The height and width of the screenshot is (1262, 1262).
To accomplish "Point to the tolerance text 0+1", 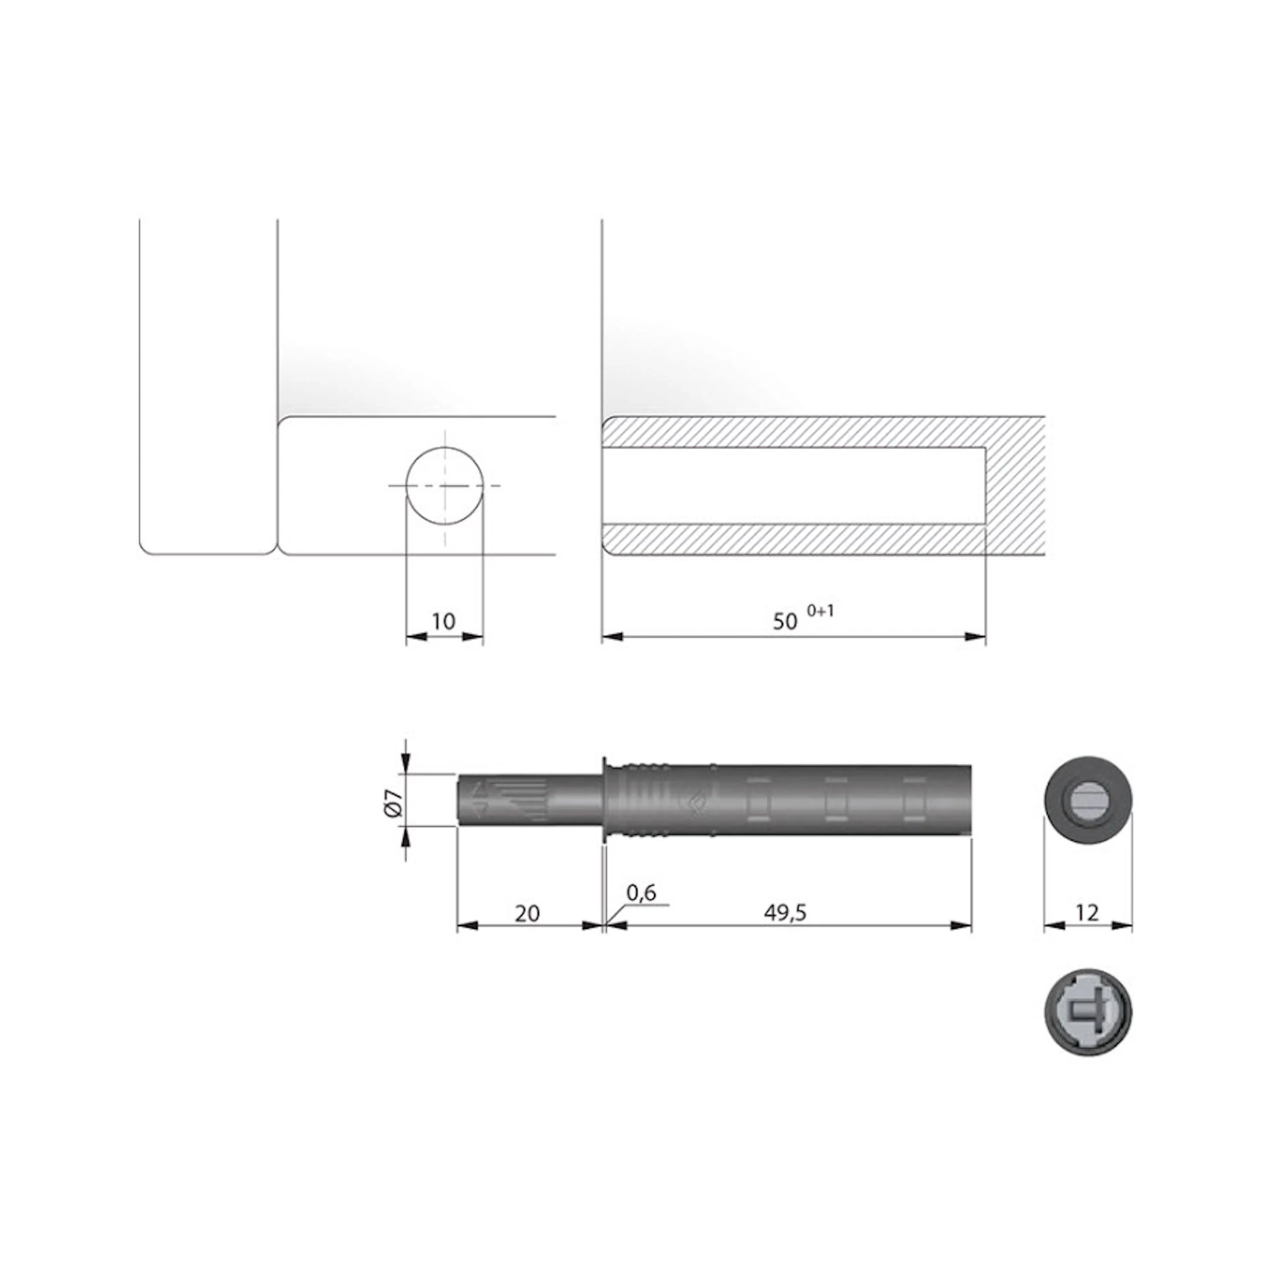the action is point(820,611).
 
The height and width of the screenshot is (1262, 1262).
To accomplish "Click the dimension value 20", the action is point(527,913).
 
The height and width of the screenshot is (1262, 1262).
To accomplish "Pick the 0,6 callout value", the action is point(641,892).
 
